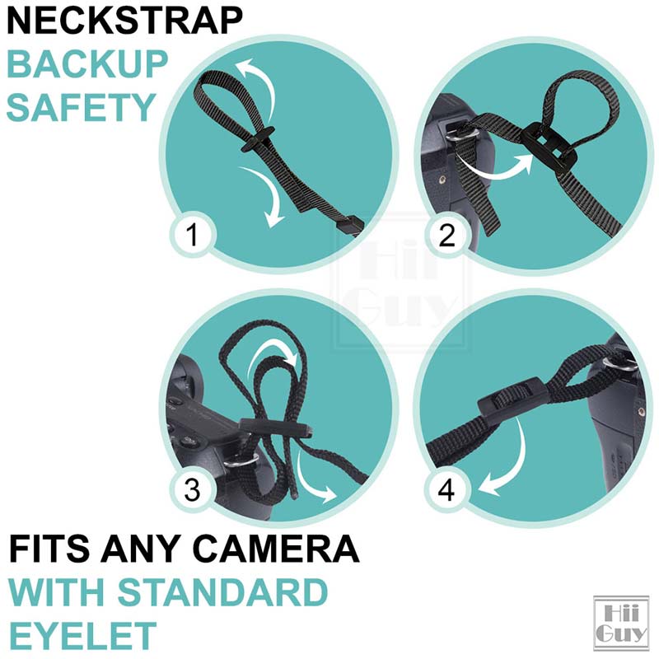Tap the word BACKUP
pyautogui.click(x=88, y=64)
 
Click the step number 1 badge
pyautogui.click(x=192, y=236)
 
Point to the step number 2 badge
pyautogui.click(x=446, y=236)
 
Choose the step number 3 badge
pyautogui.click(x=192, y=491)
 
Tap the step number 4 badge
pyautogui.click(x=446, y=491)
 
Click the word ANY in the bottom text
pyautogui.click(x=153, y=549)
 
